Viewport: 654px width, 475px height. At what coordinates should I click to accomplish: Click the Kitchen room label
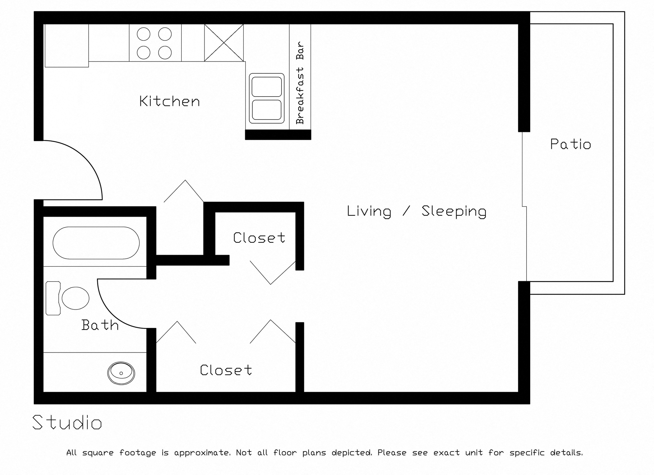click(169, 101)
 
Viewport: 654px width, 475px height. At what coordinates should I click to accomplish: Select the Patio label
click(570, 144)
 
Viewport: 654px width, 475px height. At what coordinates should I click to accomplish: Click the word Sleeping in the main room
click(454, 211)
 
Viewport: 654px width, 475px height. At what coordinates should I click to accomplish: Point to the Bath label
click(100, 325)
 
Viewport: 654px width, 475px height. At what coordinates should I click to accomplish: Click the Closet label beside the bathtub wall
click(259, 238)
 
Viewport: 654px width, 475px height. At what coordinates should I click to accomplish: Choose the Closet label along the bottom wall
click(226, 370)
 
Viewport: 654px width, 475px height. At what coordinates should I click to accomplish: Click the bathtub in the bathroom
click(96, 243)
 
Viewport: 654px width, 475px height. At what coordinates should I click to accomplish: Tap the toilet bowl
click(75, 298)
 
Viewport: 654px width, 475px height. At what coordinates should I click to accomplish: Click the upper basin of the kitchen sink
click(267, 87)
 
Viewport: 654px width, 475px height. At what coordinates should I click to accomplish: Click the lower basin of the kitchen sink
click(267, 110)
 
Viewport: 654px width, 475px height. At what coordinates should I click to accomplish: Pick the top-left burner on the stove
click(143, 34)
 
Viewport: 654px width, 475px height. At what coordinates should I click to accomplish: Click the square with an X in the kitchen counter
click(224, 43)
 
